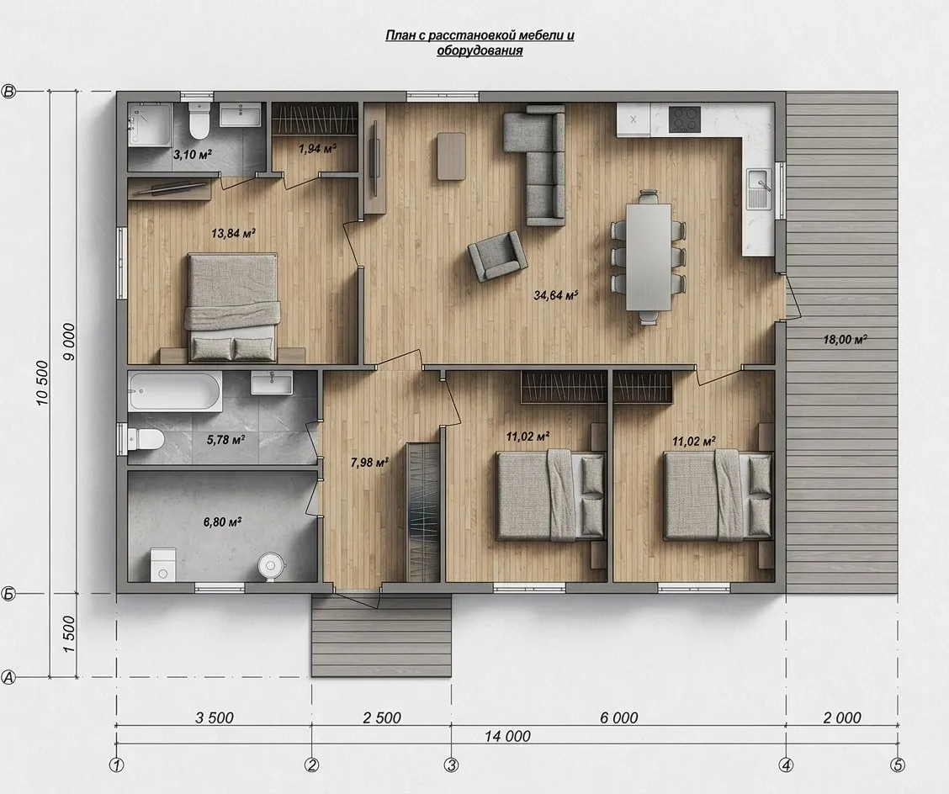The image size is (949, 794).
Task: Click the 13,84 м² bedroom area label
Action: tap(233, 233)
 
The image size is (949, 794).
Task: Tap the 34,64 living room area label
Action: tap(556, 295)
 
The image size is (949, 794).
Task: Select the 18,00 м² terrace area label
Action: tap(845, 340)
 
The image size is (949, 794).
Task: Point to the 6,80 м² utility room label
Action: tap(223, 521)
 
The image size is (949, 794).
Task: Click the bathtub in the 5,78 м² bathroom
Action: tap(175, 392)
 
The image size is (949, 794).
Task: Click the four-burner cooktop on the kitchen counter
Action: tap(685, 119)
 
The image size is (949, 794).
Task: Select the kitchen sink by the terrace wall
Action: tap(760, 188)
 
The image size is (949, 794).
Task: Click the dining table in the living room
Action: tap(649, 257)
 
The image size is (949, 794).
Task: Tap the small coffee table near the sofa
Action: tap(452, 156)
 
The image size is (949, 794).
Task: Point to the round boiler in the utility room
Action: tap(271, 565)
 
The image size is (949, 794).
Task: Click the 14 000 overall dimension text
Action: tap(507, 736)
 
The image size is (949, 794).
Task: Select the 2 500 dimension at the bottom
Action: tap(382, 717)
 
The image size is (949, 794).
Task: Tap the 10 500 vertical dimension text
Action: tap(42, 383)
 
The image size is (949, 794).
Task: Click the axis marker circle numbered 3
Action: tap(451, 765)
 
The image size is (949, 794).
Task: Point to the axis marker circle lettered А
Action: tap(8, 677)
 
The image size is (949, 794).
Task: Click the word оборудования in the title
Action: tap(480, 50)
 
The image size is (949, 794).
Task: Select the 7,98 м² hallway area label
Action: tap(369, 463)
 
